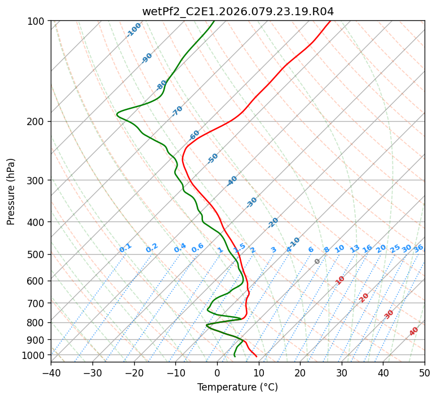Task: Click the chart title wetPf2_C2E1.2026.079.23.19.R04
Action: tap(237, 11)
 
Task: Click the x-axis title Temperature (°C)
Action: tap(237, 388)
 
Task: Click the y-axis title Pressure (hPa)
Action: tap(11, 192)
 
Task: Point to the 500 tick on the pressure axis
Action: tap(37, 255)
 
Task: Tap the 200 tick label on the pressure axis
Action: tap(37, 122)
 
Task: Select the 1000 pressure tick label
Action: tap(35, 355)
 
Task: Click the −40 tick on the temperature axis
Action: tap(51, 373)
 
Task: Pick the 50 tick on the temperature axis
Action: tap(425, 373)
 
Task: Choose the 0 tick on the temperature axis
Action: tap(217, 373)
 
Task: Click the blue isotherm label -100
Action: tap(134, 30)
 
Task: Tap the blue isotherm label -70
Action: tap(177, 111)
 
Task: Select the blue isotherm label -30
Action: tap(251, 202)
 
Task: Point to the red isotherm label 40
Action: tap(414, 331)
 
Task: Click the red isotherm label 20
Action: tap(364, 297)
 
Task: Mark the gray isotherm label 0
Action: tap(317, 261)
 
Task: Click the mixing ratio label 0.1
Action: tap(125, 248)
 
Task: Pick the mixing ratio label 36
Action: tap(418, 248)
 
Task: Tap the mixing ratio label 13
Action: tap(355, 249)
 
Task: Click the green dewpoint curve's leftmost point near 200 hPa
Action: tap(117, 114)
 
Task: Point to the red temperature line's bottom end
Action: tap(257, 356)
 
